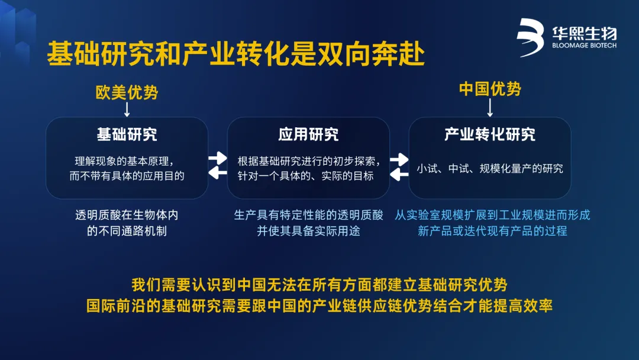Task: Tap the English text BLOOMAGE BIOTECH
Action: point(585,46)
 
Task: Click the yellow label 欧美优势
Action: point(127,92)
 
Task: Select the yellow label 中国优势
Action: point(490,89)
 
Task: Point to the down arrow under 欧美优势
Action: point(127,110)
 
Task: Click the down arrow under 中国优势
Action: point(490,107)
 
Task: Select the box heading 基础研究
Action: point(127,134)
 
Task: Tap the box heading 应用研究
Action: point(308,134)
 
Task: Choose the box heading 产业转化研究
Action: point(490,134)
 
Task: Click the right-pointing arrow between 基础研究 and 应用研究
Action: point(218,157)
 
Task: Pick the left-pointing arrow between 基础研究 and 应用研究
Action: point(218,173)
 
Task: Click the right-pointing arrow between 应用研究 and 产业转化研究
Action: point(399,159)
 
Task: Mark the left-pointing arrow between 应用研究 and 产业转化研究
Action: point(399,175)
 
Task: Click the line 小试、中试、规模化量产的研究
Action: point(490,168)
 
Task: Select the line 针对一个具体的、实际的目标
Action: point(306,176)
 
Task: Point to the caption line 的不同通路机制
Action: point(127,231)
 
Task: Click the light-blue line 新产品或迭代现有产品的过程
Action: point(492,231)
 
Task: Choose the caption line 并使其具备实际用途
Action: point(308,231)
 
